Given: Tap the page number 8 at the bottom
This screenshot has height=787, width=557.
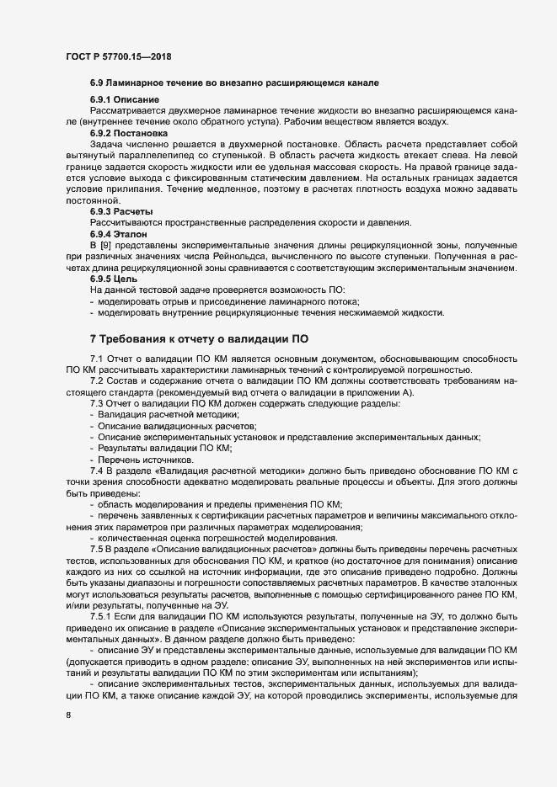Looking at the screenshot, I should coord(67,717).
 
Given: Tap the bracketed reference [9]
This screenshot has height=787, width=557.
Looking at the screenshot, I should coord(110,244).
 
